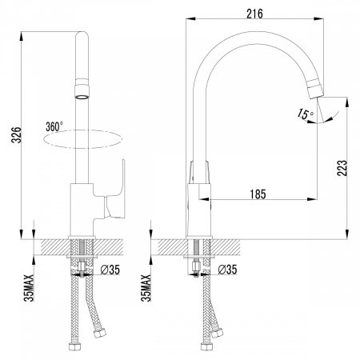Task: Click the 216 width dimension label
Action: [x=254, y=14]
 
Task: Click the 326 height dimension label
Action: [x=17, y=135]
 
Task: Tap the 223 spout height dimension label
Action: [x=342, y=168]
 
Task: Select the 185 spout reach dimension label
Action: [x=258, y=194]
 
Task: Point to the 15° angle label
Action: [x=305, y=114]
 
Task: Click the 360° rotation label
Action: [x=54, y=126]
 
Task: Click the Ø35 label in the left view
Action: [x=110, y=270]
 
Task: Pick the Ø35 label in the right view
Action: [x=227, y=270]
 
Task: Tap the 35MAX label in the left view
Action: [x=29, y=288]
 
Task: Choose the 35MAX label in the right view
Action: [x=146, y=288]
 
